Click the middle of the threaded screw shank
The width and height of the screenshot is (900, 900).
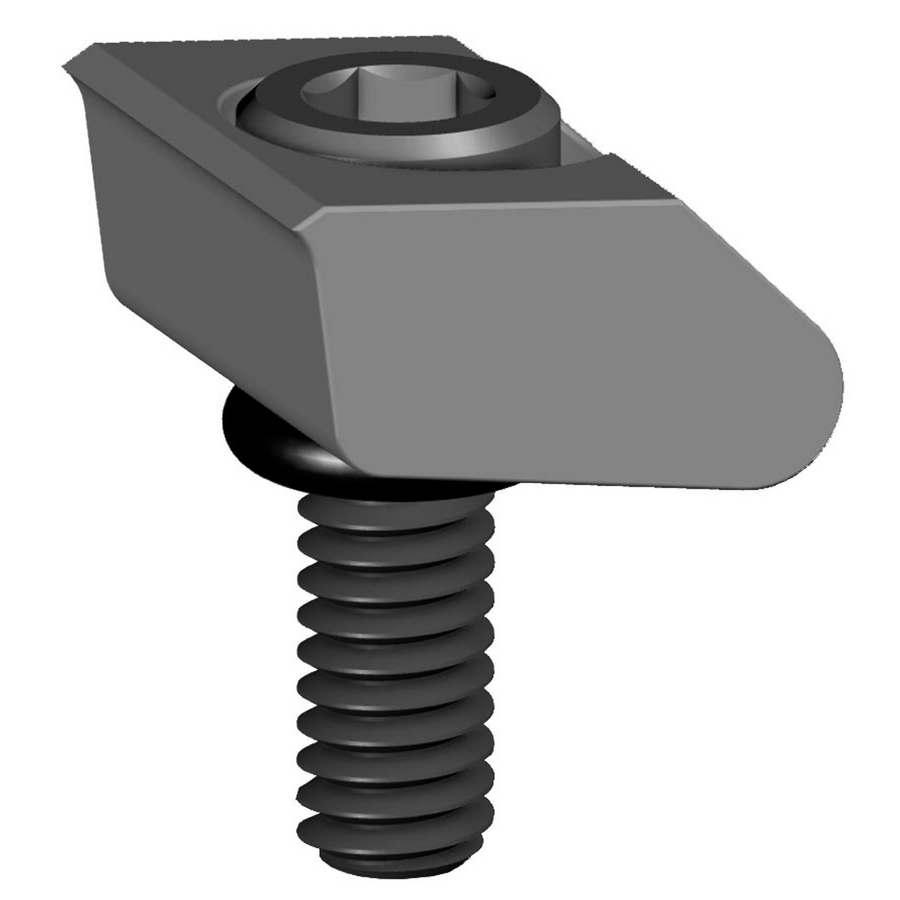coord(394,675)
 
